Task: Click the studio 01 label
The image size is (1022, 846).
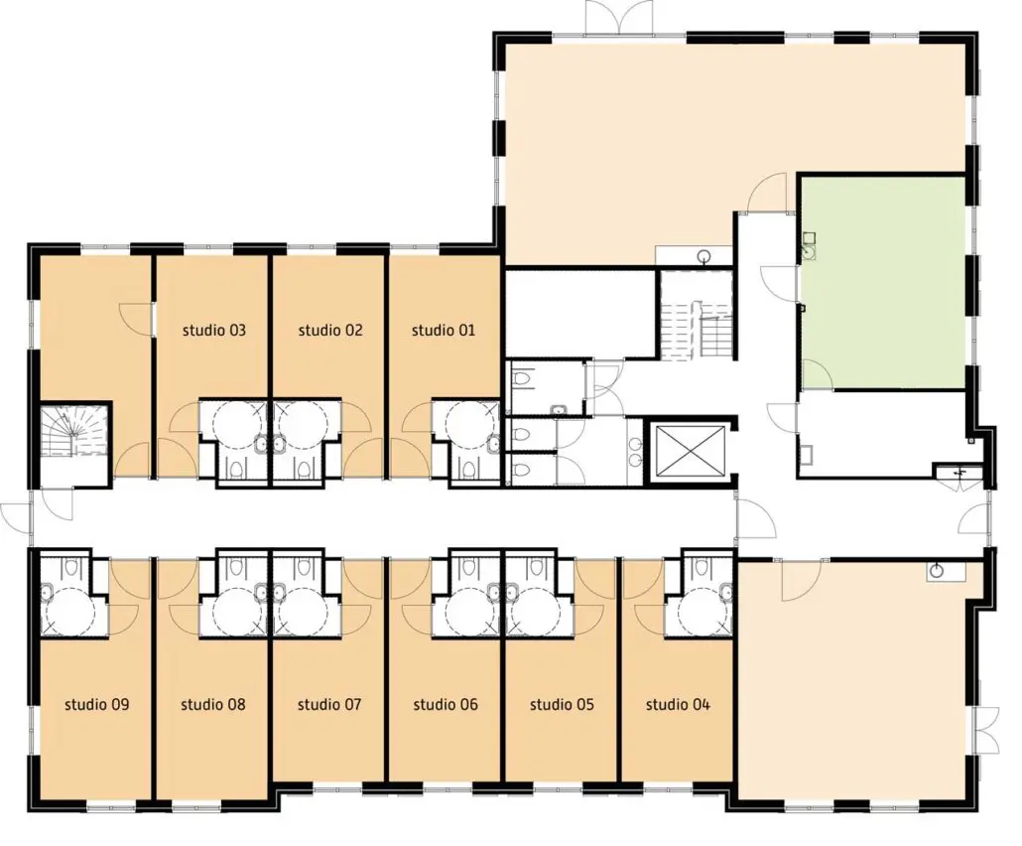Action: click(x=444, y=330)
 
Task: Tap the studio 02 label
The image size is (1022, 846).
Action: click(x=329, y=330)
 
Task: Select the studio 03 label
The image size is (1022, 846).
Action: click(x=213, y=330)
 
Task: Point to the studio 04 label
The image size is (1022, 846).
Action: click(x=678, y=704)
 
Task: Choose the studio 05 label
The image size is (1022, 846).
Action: click(x=562, y=704)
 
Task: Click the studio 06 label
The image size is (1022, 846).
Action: click(x=446, y=704)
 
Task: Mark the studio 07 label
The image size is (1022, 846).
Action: click(x=329, y=704)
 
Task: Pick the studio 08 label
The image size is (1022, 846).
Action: click(x=213, y=704)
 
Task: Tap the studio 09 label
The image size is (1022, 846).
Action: click(x=97, y=704)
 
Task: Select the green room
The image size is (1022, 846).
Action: click(x=882, y=282)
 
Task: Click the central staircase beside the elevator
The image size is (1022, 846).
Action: click(x=698, y=315)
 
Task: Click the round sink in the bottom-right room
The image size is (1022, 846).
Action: click(x=938, y=571)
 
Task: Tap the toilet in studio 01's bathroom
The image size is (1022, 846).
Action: click(x=467, y=468)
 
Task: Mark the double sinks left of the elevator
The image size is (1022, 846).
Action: click(x=635, y=451)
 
